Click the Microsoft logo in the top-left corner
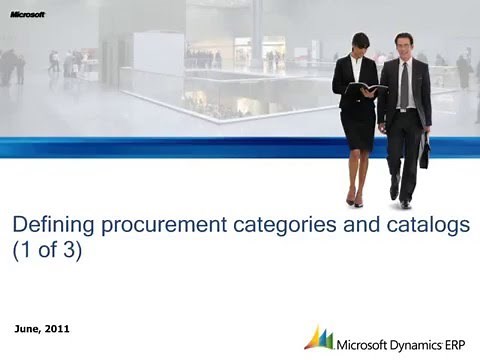pos(27,14)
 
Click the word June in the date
pos(30,329)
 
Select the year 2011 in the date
pos(58,329)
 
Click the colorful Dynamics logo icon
pos(319,336)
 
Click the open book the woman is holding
pos(365,89)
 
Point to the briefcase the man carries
pos(424,152)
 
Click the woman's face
pos(361,44)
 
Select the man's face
pos(402,46)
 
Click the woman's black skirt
pos(357,124)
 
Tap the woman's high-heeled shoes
pos(355,200)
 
